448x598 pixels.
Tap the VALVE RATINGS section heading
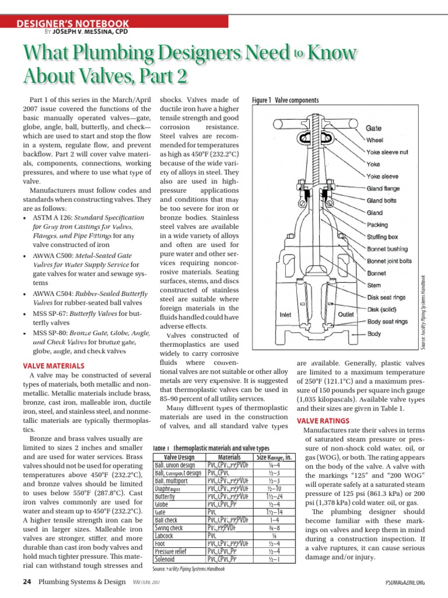pos(323,420)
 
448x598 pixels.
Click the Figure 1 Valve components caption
pos(285,100)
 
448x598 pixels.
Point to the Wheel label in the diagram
pos(375,140)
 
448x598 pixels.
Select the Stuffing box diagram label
pos(383,237)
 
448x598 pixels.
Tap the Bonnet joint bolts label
pos(390,261)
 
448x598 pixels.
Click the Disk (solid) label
pos(382,310)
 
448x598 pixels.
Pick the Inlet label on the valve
pos(286,314)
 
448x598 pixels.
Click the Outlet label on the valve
pos(347,314)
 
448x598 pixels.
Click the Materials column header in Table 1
pos(229,457)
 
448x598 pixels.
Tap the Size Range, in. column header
pos(274,457)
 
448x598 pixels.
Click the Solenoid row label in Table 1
pos(164,559)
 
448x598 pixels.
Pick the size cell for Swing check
pos(273,527)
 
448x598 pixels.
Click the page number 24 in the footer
pos(27,582)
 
